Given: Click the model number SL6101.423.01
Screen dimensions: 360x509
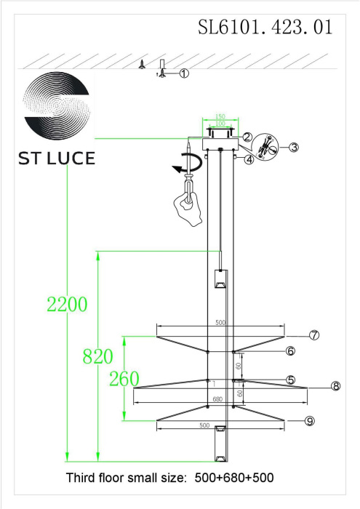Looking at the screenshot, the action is coord(265,27).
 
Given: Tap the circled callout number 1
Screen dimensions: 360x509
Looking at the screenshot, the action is coord(184,73).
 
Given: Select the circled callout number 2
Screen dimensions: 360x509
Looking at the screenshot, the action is coord(247,137).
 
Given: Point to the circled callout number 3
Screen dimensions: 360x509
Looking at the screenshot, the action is coord(293,148).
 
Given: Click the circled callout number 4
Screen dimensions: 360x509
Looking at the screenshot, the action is coord(249,159).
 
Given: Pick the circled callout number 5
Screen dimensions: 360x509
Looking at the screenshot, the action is coord(290,380).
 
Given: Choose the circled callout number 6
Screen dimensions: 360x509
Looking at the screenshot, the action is coord(290,351).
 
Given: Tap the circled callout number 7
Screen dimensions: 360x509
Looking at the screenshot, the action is coord(314,335).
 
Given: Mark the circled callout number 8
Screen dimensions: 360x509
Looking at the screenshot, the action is coord(336,386).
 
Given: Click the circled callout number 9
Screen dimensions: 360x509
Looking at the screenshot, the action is coord(310,421).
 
